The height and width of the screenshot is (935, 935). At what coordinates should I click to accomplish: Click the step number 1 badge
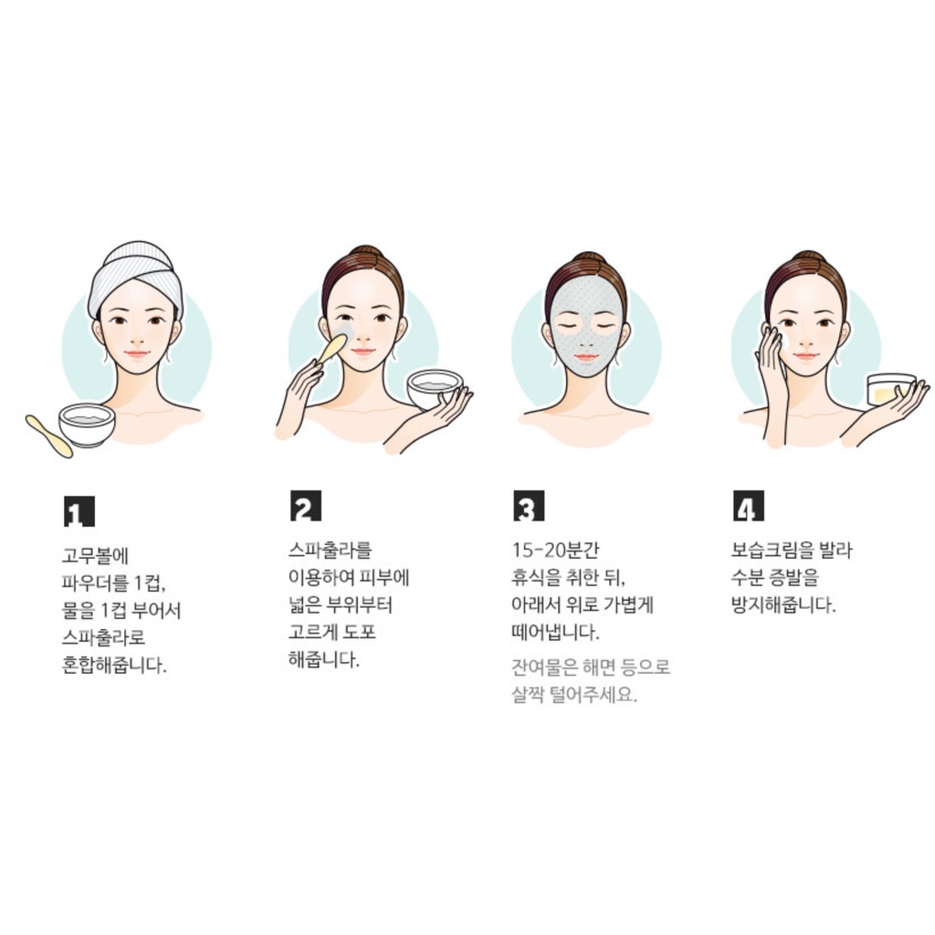tap(79, 511)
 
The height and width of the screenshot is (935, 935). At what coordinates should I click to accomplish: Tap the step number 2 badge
tap(306, 506)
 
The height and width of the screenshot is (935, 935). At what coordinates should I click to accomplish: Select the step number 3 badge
tap(529, 506)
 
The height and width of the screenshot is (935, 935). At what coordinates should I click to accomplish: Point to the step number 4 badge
tap(749, 506)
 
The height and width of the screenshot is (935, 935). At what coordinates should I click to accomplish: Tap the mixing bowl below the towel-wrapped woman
tap(87, 424)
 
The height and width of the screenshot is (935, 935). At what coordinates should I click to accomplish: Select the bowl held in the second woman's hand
tap(434, 387)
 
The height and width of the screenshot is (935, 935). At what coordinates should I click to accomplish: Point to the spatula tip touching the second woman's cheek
tap(341, 341)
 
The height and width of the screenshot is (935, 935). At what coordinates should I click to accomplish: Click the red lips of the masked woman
tap(586, 357)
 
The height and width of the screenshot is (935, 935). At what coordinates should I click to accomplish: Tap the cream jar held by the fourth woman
tap(890, 389)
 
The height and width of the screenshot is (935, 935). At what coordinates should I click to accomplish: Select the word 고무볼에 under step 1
tap(95, 555)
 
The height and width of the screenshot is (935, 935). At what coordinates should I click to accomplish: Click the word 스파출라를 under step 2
tap(330, 549)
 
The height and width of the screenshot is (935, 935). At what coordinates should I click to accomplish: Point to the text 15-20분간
tap(555, 550)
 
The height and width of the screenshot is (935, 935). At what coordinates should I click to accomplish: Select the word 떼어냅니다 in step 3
tap(554, 632)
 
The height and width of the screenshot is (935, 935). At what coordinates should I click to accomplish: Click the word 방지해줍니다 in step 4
tap(783, 604)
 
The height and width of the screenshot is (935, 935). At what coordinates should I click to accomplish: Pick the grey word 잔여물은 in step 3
tap(545, 667)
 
